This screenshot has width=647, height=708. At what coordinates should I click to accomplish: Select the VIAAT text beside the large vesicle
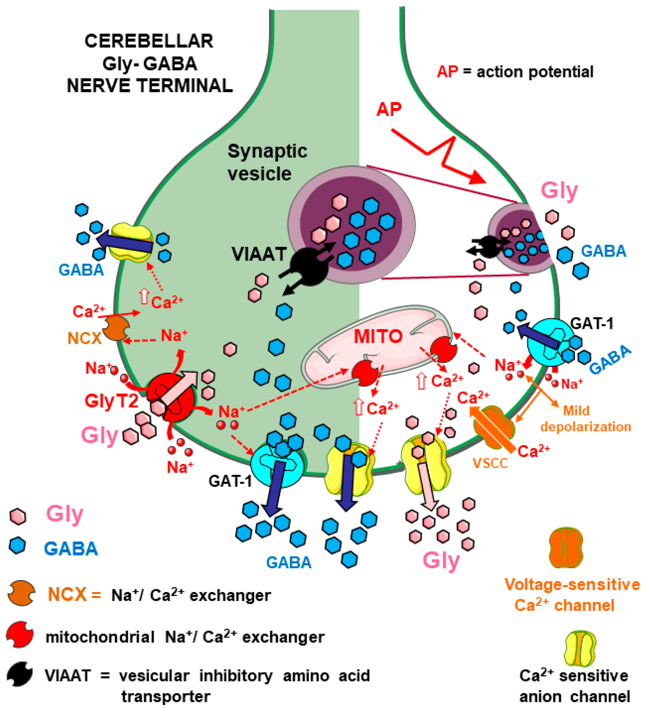[x=259, y=254]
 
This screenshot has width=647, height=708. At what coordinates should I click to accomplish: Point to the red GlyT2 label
[x=112, y=401]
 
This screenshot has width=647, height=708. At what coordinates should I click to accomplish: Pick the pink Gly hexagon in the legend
[x=18, y=517]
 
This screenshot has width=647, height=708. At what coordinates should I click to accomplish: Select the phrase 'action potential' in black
[x=534, y=72]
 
